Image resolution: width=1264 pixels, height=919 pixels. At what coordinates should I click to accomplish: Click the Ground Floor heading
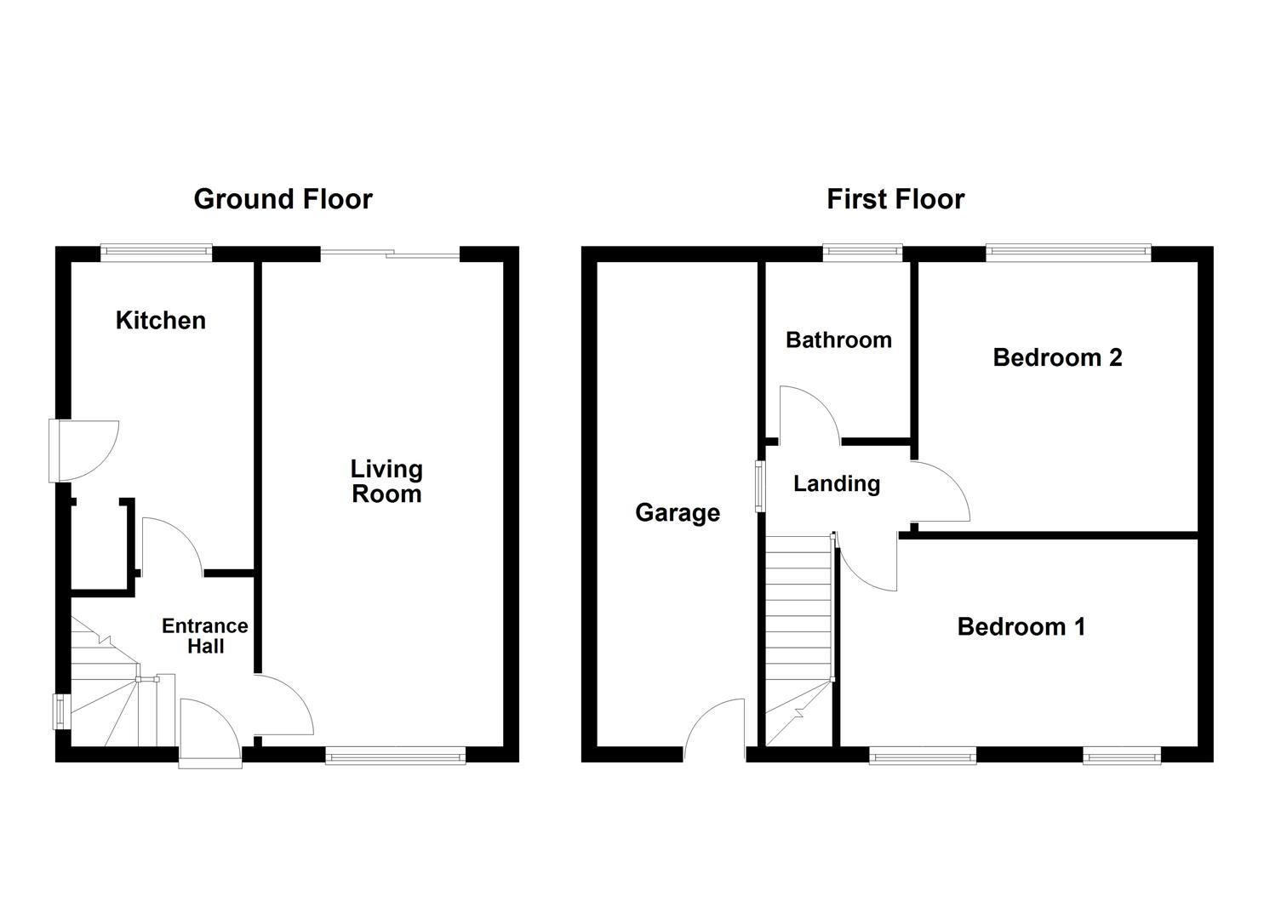[x=283, y=199]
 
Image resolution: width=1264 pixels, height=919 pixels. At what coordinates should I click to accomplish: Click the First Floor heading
[x=895, y=199]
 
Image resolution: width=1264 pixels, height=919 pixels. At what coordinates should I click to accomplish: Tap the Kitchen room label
[x=161, y=321]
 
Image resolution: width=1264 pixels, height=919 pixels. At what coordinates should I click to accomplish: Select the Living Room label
[x=386, y=482]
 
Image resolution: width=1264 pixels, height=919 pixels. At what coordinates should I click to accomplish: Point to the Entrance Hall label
[x=205, y=636]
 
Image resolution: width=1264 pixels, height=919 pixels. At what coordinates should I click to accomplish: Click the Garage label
[x=678, y=513]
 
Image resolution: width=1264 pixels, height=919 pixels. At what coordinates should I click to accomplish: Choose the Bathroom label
[x=839, y=340]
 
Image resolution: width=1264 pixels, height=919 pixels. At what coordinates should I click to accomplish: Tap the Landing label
[x=837, y=484]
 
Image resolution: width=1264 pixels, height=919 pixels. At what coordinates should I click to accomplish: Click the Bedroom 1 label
[x=1021, y=627]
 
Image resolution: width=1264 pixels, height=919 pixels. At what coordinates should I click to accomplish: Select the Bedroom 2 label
[x=1057, y=357]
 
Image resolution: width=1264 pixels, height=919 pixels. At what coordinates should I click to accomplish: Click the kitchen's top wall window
[x=157, y=253]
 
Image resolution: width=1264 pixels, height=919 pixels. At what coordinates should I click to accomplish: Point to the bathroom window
[x=863, y=253]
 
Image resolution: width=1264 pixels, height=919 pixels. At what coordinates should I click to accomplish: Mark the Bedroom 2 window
[x=1068, y=253]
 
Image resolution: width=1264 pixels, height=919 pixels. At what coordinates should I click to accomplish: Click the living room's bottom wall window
[x=396, y=755]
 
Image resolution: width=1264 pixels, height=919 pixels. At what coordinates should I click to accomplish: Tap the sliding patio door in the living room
[x=391, y=254]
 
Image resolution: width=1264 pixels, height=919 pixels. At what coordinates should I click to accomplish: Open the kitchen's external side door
[x=84, y=451]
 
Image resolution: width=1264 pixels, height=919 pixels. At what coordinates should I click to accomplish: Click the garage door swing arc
[x=714, y=729]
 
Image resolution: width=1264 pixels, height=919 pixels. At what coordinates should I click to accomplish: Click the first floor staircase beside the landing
[x=799, y=640]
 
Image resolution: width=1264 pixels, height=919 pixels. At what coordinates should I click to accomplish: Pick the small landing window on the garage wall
[x=760, y=486]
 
